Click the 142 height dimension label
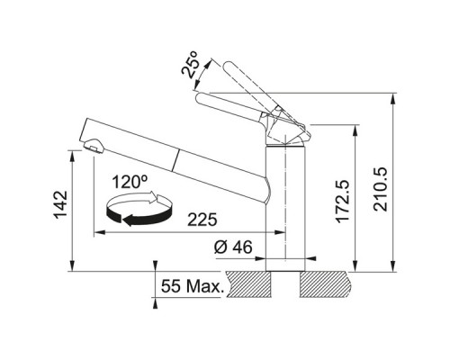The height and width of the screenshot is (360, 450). click(x=60, y=204)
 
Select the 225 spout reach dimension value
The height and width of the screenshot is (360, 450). click(x=202, y=220)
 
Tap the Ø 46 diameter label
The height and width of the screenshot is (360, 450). click(x=233, y=247)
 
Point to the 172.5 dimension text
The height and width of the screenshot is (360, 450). click(x=343, y=202)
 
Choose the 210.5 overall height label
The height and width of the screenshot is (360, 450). click(x=381, y=189)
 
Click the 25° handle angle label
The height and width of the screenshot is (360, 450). click(x=190, y=64)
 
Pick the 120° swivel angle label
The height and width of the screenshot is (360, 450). click(x=130, y=182)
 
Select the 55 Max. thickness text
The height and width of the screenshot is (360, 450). click(x=193, y=286)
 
